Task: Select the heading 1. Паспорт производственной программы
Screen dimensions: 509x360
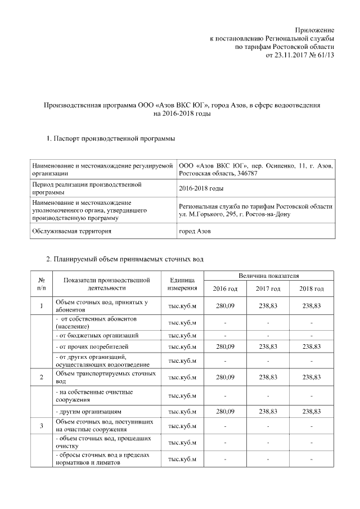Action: (106, 138)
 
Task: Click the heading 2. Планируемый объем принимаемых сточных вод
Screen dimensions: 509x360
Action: (124, 259)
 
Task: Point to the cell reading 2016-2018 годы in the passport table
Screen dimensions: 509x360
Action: (201, 188)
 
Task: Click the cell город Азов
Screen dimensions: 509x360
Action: (195, 231)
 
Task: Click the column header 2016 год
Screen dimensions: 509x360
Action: (225, 289)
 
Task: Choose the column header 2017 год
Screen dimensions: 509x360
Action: (268, 289)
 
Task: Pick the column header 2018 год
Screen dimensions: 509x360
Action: (312, 289)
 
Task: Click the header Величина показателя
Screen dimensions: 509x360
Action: (268, 276)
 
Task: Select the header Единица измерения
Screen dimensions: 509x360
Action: (182, 284)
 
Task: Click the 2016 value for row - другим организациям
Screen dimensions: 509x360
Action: (225, 412)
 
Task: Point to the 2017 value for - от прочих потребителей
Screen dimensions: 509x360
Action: (268, 346)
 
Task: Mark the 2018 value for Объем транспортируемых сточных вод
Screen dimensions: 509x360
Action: (312, 377)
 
